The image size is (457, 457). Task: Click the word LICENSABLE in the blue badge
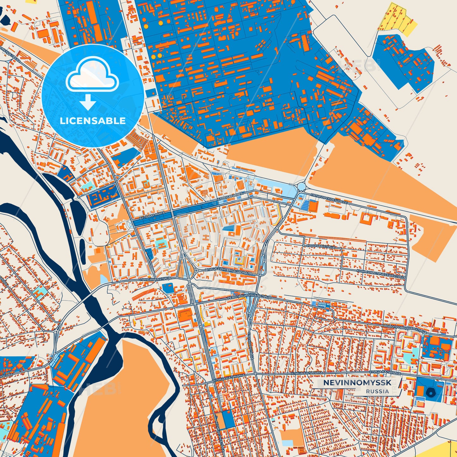[93, 121]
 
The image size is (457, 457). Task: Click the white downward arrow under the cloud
[88, 102]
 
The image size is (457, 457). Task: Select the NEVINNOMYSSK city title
[357, 383]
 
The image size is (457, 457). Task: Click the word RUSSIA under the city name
[378, 391]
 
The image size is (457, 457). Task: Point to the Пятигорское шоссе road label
[329, 198]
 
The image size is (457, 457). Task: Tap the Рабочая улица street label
[320, 246]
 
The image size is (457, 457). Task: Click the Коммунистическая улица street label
[381, 274]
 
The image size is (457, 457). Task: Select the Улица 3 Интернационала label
[228, 271]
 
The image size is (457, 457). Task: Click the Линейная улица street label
[155, 279]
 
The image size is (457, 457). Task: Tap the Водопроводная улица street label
[405, 329]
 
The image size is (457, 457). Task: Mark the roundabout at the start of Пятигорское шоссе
[301, 186]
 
